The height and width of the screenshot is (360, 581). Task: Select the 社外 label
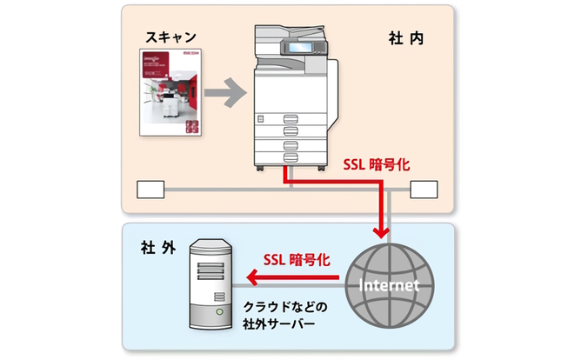[x=157, y=247]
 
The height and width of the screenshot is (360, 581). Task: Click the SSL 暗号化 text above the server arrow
[x=297, y=259]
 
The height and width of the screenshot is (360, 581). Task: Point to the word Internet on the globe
[x=387, y=285]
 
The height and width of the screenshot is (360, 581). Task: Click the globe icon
[x=387, y=285]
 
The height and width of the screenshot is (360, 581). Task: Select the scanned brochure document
[x=171, y=94]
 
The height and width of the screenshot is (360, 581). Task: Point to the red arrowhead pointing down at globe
[x=380, y=232]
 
